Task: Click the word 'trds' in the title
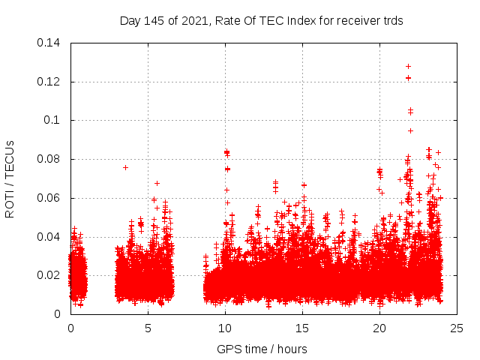tap(392, 21)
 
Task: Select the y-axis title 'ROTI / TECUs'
tap(10, 178)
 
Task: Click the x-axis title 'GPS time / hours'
tap(262, 349)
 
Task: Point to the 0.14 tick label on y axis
tap(49, 42)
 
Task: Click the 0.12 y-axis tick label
tap(49, 81)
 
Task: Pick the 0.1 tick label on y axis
tap(53, 120)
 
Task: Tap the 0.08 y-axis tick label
tap(49, 159)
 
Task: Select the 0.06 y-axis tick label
tap(49, 198)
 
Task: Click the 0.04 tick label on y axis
tap(49, 237)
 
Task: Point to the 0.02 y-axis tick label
tap(49, 275)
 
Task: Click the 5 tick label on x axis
tap(148, 328)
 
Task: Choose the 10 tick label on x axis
tap(225, 328)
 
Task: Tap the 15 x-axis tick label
tap(302, 328)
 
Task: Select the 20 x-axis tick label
tap(379, 328)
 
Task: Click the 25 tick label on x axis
tap(457, 328)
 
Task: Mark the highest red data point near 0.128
tap(408, 66)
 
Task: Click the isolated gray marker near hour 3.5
tap(125, 167)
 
